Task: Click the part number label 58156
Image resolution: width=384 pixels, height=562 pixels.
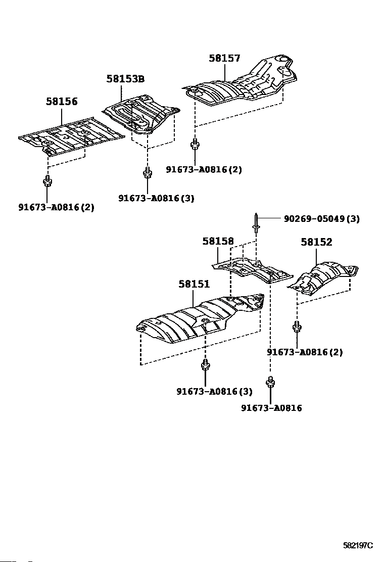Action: pyautogui.click(x=62, y=102)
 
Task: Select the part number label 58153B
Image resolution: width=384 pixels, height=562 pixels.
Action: pyautogui.click(x=125, y=79)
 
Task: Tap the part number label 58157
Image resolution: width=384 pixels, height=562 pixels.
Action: pyautogui.click(x=224, y=59)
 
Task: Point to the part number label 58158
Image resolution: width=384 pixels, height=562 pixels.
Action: pyautogui.click(x=218, y=242)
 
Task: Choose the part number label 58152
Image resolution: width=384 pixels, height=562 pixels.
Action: pyautogui.click(x=317, y=242)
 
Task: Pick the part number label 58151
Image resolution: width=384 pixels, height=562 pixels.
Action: pyautogui.click(x=194, y=285)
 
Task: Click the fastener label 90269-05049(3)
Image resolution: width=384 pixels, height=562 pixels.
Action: pyautogui.click(x=322, y=219)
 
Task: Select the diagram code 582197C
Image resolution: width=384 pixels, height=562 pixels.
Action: pyautogui.click(x=358, y=545)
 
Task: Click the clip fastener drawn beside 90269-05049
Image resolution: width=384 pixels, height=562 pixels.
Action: pyautogui.click(x=257, y=223)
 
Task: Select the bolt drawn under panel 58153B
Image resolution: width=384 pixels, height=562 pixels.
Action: pyautogui.click(x=147, y=173)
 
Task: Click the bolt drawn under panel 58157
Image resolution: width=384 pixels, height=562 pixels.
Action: pyautogui.click(x=195, y=146)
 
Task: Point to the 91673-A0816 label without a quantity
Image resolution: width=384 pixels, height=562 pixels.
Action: pyautogui.click(x=271, y=408)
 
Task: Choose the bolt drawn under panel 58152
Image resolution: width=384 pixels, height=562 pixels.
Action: pyautogui.click(x=297, y=327)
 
